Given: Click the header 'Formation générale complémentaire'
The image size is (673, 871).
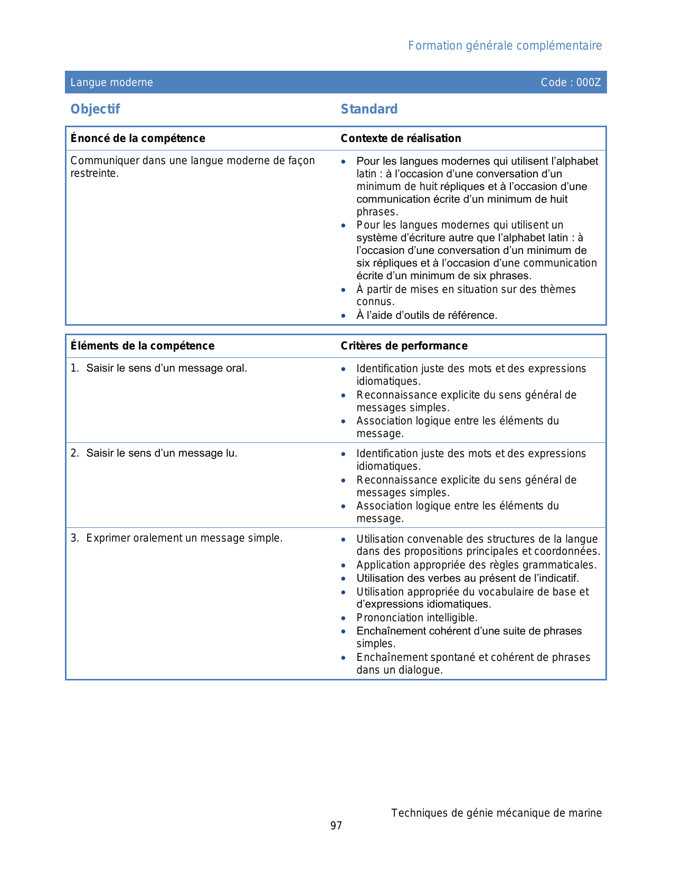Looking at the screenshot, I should (505, 46).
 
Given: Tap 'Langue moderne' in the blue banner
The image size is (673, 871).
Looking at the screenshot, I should (112, 82).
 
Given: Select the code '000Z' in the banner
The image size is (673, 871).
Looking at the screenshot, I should (589, 82).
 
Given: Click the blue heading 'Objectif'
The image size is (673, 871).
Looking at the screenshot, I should (95, 109).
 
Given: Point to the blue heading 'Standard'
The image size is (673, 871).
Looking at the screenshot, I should (369, 109).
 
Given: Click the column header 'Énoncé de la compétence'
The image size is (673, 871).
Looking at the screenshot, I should (138, 138).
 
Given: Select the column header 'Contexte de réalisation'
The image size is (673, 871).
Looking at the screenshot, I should (401, 138).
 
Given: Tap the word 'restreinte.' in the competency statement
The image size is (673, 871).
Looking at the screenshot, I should (94, 173).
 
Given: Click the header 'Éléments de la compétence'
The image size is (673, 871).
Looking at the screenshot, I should (143, 346).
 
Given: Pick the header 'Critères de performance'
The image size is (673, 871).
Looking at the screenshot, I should (404, 346).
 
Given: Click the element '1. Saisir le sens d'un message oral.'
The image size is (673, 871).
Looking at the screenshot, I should (159, 368).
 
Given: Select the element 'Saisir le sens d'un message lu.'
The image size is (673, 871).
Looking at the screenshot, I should (162, 453).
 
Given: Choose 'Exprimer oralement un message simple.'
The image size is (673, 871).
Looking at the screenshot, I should (184, 538).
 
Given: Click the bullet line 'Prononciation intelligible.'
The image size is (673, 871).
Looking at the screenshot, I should (417, 618).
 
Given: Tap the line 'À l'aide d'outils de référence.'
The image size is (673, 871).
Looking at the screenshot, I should (426, 315).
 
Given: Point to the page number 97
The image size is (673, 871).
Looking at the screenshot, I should (336, 826).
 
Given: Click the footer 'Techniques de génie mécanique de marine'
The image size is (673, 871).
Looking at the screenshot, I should (496, 813).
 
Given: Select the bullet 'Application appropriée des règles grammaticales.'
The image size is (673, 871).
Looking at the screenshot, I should (477, 565).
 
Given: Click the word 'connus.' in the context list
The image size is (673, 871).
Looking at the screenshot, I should (375, 302).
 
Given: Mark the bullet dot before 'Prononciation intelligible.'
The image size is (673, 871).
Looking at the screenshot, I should (344, 618).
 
